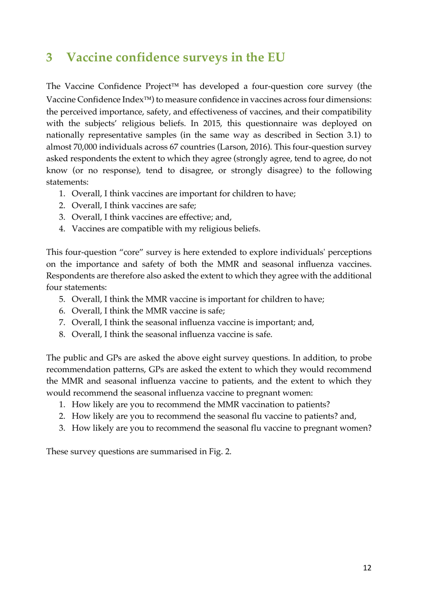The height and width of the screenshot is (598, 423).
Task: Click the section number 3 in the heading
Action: (x=49, y=57)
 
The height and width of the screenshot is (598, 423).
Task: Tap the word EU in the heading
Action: (x=276, y=57)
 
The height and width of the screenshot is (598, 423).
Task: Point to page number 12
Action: (x=367, y=568)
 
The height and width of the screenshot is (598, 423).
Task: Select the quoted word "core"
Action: (x=131, y=252)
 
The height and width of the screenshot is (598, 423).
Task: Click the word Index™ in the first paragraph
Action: (x=141, y=100)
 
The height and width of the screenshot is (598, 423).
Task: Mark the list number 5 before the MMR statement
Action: (x=62, y=299)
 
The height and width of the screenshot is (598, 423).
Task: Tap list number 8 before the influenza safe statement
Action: (x=62, y=335)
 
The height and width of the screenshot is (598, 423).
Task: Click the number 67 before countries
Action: (x=174, y=147)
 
